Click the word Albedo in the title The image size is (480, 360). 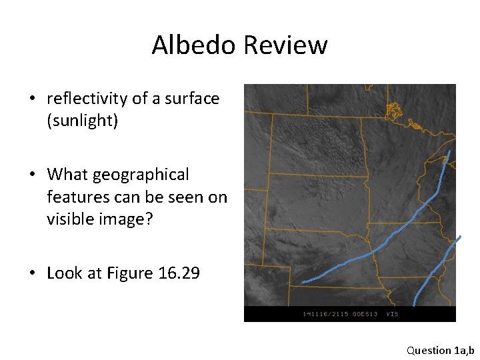pos(194,45)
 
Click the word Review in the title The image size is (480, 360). pos(285,45)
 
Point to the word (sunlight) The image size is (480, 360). pos(82,121)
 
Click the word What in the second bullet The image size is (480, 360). pos(67,175)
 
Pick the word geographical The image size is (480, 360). pos(141,175)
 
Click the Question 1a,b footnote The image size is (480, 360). pos(440,350)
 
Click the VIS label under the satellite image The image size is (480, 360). pos(393,313)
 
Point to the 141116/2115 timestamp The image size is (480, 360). pos(322,313)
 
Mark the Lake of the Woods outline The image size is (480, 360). pos(394,111)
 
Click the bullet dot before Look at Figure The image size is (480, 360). pos(32,273)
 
